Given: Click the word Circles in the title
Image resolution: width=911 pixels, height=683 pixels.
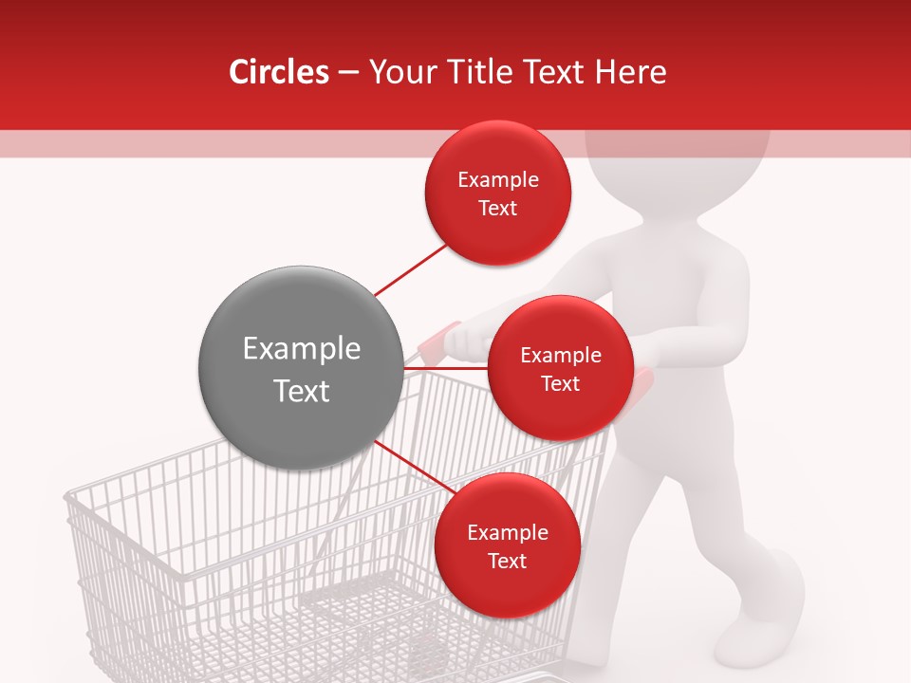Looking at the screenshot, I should point(279,72).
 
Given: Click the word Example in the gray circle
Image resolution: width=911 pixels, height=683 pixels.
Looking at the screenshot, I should point(302,349).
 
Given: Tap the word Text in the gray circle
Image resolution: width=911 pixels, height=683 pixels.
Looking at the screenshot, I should point(302,391).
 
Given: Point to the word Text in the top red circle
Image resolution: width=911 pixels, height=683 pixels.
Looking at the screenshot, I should point(498,208).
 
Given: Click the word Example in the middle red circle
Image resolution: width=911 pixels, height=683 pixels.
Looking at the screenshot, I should point(561,356).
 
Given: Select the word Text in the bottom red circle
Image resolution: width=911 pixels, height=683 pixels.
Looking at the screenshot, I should point(508,561).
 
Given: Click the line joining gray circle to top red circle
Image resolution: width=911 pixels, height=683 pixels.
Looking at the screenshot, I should point(410,269).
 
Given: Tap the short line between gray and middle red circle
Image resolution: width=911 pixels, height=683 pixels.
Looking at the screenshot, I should point(445,367).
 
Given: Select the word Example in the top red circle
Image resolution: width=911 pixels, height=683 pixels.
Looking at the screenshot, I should point(498,180).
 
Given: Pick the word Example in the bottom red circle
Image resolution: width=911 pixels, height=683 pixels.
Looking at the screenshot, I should point(508,533).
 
